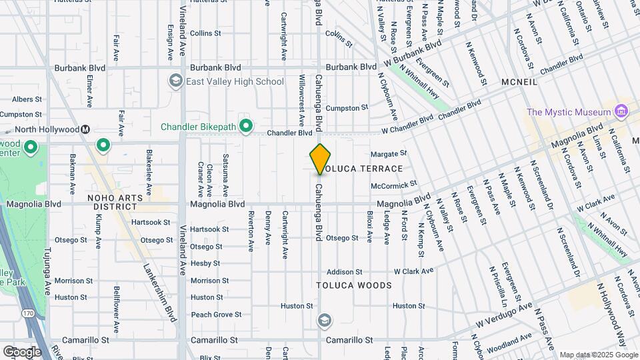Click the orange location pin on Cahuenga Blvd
pos(321,159)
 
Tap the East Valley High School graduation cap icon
pos(176,81)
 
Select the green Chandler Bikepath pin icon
pos(246,125)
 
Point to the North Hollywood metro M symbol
pos(86,129)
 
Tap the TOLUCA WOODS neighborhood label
pos(354,285)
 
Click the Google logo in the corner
pos(22,352)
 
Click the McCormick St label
pos(394,184)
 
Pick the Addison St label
pos(344,272)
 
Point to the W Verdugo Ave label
pos(503,314)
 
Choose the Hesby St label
pos(205,263)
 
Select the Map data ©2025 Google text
pos(598,355)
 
